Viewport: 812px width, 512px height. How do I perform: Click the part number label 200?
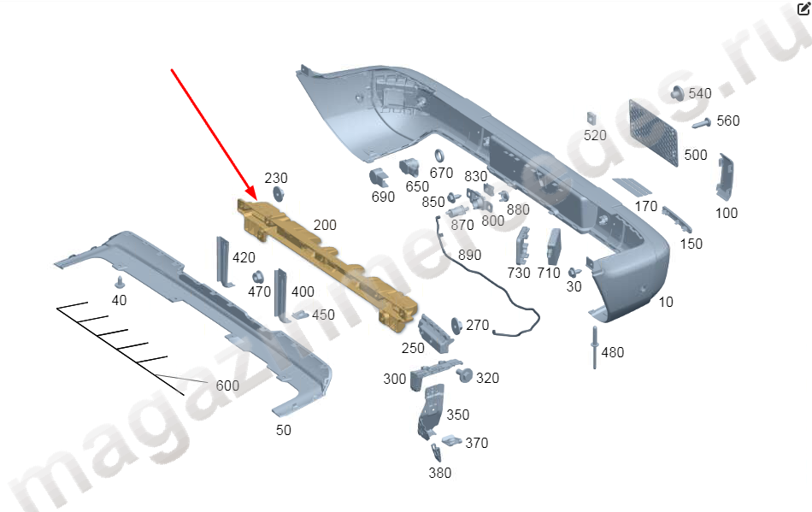tap(325, 225)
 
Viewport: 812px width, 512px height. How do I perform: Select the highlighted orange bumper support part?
tap(329, 262)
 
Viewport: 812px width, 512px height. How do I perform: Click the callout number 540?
tap(699, 93)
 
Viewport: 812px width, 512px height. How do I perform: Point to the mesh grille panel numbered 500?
tap(653, 132)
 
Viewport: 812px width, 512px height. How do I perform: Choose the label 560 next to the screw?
tap(728, 121)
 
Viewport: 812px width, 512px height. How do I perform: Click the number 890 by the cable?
tap(469, 255)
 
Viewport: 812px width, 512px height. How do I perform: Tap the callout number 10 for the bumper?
tap(666, 302)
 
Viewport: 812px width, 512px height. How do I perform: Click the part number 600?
tap(227, 385)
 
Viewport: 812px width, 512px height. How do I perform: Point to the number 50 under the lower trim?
tap(284, 430)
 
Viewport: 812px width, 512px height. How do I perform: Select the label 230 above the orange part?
tap(276, 178)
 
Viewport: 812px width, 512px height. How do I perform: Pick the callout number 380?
tap(439, 473)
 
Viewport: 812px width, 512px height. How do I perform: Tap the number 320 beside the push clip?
tap(488, 378)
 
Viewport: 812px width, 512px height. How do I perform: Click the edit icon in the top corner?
tap(803, 9)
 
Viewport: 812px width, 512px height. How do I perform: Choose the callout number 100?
tap(726, 213)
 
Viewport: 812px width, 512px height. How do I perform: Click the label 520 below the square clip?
tap(595, 135)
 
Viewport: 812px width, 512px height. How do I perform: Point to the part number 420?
tap(244, 257)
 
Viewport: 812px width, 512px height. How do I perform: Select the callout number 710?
tap(549, 273)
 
